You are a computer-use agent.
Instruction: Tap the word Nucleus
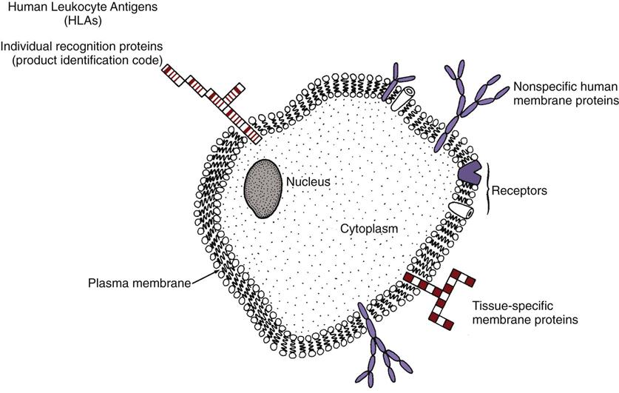[x=309, y=181]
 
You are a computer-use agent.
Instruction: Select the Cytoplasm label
[x=369, y=229]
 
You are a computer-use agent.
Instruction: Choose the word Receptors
[x=523, y=191]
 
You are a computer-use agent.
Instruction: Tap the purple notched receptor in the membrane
[x=469, y=172]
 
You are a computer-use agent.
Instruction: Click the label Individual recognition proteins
[x=82, y=47]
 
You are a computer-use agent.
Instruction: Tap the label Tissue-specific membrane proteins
[x=524, y=313]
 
